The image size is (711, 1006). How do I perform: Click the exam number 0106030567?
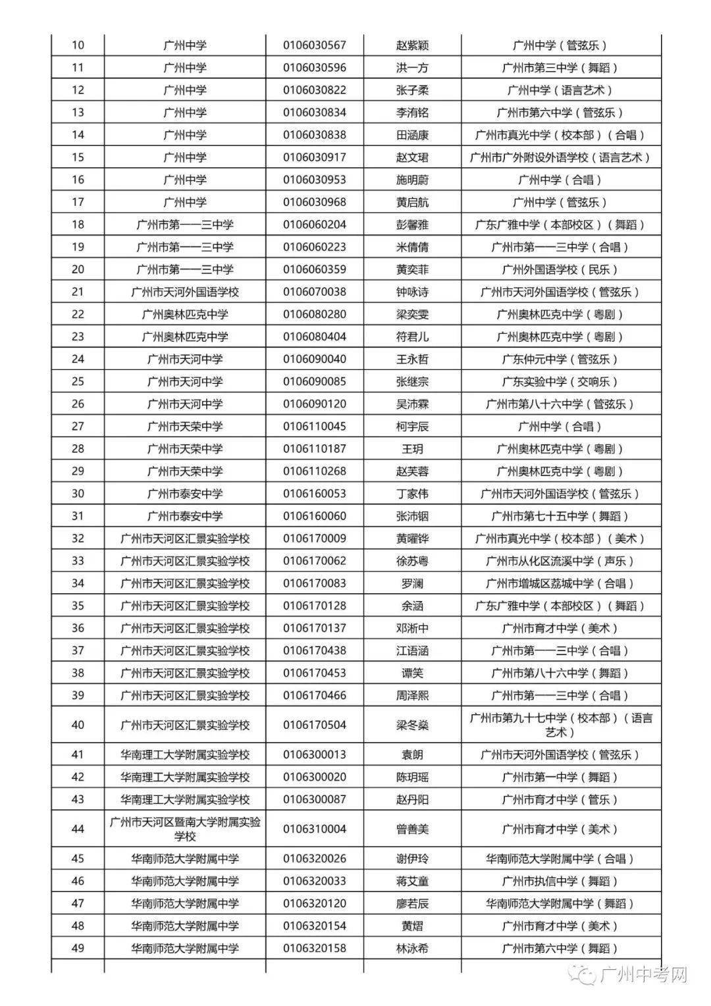point(314,45)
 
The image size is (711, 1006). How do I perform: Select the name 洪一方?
point(412,68)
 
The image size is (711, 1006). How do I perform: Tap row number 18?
point(78,225)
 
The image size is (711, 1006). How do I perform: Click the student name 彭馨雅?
point(412,225)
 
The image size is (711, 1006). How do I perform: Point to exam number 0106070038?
point(314,292)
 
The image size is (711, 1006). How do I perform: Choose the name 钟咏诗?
point(412,292)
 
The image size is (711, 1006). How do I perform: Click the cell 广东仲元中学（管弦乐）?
point(560,359)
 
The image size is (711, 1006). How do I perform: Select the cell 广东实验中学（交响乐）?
point(560,382)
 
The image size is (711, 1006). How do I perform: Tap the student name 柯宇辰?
point(412,427)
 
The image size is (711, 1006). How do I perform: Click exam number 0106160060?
point(314,516)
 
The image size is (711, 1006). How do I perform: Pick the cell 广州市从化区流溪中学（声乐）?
point(560,561)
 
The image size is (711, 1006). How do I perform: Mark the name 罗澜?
point(412,583)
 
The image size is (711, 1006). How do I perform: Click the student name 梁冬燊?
point(412,725)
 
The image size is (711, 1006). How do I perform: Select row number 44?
point(78,829)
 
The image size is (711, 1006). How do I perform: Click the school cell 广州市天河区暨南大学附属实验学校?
point(185,829)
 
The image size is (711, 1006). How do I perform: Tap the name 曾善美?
point(412,829)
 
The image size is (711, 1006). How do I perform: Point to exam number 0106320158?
point(314,949)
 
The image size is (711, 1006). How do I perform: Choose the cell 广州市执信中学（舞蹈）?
point(560,882)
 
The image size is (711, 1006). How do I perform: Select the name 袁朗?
point(412,755)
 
